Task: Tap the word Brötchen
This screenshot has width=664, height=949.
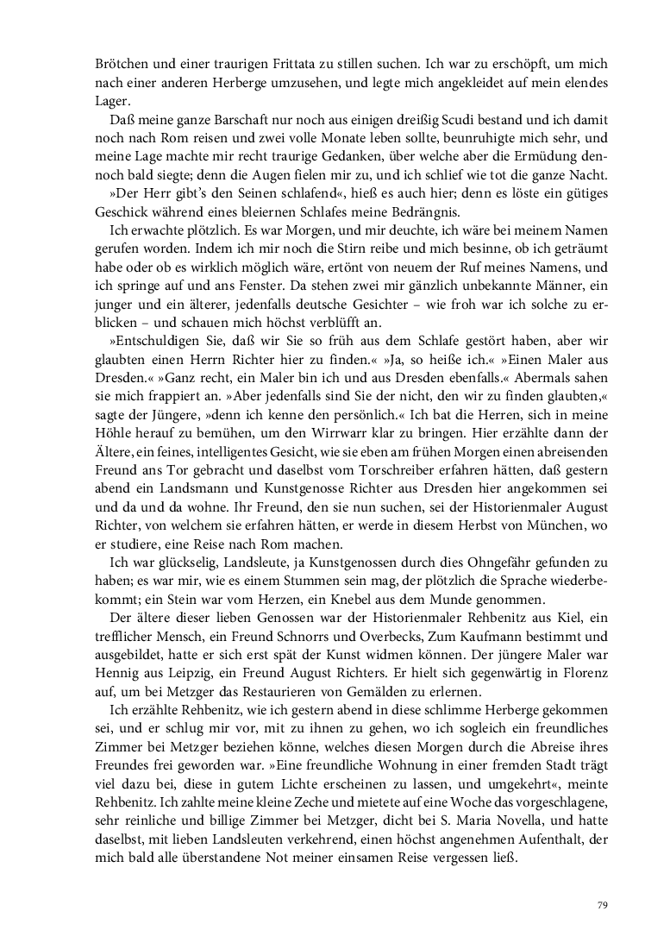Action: pos(120,64)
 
